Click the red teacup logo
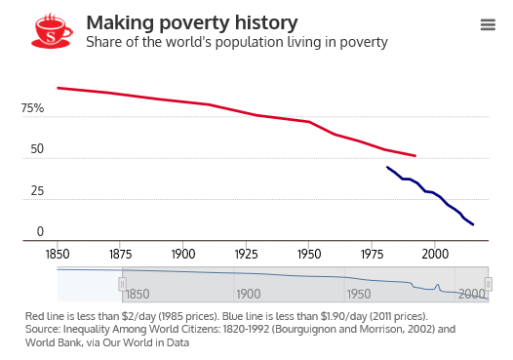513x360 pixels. coord(53,30)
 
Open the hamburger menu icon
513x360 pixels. coord(488,25)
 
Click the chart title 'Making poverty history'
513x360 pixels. coord(192,22)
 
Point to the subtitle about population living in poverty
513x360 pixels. coord(237,42)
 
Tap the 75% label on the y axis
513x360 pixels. coord(32,108)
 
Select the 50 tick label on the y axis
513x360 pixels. coord(36,149)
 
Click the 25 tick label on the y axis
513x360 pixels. coord(36,190)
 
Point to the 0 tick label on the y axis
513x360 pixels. coord(40,231)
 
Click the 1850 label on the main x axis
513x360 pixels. coord(58,253)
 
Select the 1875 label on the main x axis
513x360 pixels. coord(121,253)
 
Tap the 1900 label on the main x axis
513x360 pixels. coord(183,253)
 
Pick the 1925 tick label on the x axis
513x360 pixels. coord(247,253)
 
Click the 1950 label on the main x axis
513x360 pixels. coord(309,253)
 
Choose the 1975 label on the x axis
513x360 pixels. coord(372,253)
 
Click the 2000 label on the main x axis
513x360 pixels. coord(435,253)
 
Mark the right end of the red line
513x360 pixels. coord(415,156)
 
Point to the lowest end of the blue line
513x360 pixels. coord(473,225)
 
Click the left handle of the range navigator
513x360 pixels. coord(122,284)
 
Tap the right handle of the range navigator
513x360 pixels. coord(489,284)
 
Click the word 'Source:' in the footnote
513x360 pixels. coord(45,330)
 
